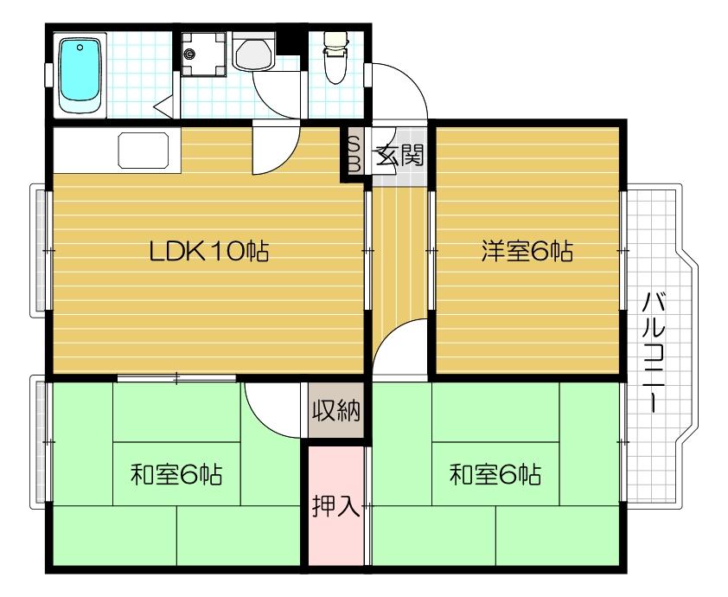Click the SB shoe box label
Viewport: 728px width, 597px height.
354,154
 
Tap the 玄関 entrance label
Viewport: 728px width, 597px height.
398,156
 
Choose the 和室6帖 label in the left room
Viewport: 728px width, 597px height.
176,475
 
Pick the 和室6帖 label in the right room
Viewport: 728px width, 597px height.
495,475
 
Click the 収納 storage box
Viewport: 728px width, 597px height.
336,410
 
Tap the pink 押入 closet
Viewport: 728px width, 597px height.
335,506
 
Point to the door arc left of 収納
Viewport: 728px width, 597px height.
273,407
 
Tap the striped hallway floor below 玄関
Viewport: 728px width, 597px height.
399,260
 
